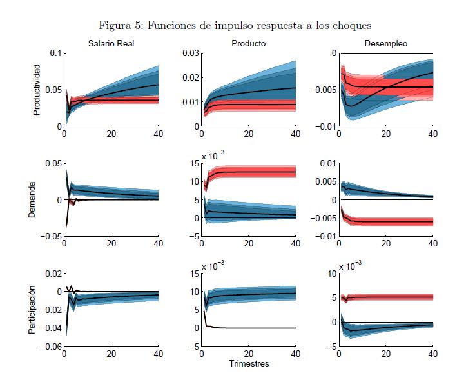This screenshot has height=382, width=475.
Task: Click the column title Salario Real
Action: tap(111, 44)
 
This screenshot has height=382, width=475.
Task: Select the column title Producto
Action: tap(248, 44)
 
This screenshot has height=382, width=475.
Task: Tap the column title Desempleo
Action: tap(385, 44)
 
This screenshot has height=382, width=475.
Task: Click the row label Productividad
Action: tap(37, 90)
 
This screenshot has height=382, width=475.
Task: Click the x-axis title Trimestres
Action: tap(248, 363)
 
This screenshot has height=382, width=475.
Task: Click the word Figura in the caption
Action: tap(113, 25)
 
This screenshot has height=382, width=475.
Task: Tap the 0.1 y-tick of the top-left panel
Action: tap(54, 54)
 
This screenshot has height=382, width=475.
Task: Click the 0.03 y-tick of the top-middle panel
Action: tap(188, 54)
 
